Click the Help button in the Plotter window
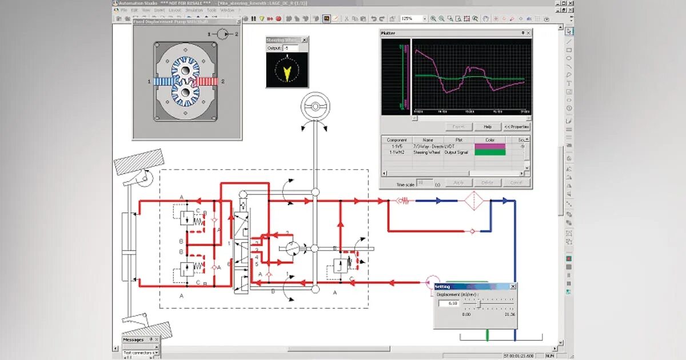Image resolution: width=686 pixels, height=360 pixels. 488,126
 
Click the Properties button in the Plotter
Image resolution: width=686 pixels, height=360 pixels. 517,126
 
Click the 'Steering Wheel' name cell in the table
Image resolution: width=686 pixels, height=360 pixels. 428,153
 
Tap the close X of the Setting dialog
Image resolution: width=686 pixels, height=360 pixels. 512,286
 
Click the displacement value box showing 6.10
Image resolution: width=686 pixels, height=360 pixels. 448,303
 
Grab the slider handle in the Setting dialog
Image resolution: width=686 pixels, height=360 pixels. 477,303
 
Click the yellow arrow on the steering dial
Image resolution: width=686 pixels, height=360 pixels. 287,71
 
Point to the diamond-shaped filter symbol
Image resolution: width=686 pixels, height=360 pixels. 473,201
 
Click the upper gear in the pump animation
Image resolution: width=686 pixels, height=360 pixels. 185,71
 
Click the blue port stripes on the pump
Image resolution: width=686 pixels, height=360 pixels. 164,82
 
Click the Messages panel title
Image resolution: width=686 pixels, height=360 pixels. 134,339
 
